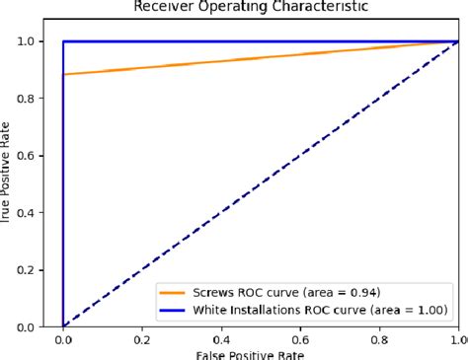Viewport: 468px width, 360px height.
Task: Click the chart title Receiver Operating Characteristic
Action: [x=261, y=6]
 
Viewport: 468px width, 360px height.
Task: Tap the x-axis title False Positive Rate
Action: [x=261, y=354]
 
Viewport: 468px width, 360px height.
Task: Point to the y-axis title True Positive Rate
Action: [x=5, y=183]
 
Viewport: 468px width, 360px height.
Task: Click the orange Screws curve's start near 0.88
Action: [x=64, y=74]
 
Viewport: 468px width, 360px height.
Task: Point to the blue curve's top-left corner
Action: [x=63, y=41]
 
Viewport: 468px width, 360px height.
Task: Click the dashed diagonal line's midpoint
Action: [x=261, y=183]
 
